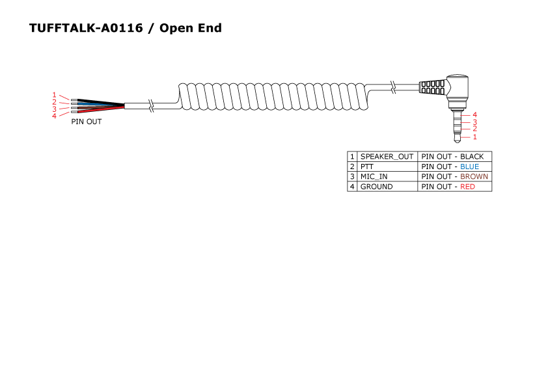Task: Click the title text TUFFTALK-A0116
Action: [86, 28]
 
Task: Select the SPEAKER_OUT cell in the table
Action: [387, 157]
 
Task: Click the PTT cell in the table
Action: [367, 167]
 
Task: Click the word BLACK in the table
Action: [472, 157]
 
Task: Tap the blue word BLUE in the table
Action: [469, 167]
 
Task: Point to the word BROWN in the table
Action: [474, 176]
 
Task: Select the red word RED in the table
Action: [467, 187]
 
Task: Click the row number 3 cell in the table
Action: [352, 176]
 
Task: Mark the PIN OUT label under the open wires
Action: [87, 122]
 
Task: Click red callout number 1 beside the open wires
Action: [55, 95]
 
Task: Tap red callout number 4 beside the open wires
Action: [55, 116]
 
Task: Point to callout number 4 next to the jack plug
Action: [475, 114]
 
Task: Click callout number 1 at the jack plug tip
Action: [475, 137]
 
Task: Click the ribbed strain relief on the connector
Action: [432, 87]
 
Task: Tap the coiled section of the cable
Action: [273, 96]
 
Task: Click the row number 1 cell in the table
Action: [352, 157]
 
